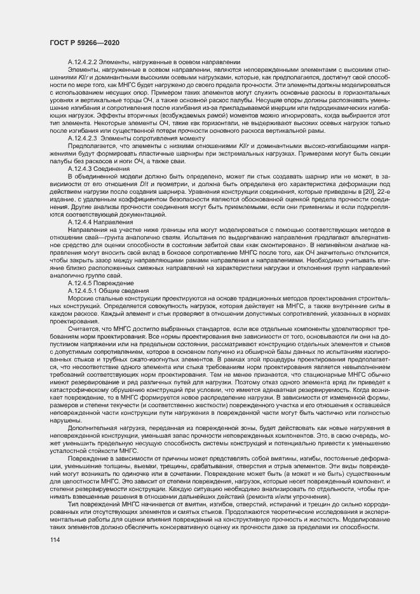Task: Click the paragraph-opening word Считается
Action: pos(83,329)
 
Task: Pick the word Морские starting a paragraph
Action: pos(80,299)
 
